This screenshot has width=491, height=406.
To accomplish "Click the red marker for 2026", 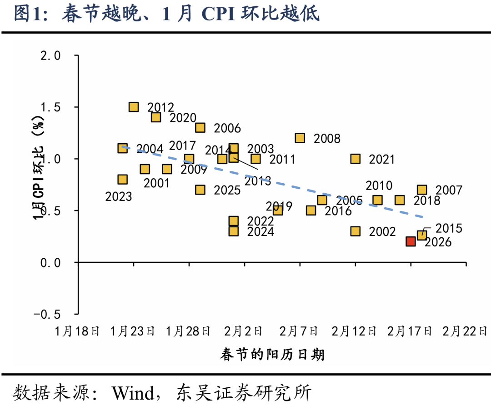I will pyautogui.click(x=411, y=241).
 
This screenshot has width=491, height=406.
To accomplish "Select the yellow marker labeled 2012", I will pyautogui.click(x=134, y=107).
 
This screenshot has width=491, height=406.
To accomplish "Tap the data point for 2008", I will pyautogui.click(x=300, y=138).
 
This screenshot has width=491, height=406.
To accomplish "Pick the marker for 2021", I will pyautogui.click(x=356, y=159).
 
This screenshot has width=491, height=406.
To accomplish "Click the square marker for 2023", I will pyautogui.click(x=122, y=179).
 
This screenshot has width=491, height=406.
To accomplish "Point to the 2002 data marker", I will pyautogui.click(x=356, y=231).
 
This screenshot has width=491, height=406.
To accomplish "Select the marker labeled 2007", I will pyautogui.click(x=422, y=190).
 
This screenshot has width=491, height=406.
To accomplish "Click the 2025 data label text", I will pyautogui.click(x=227, y=190).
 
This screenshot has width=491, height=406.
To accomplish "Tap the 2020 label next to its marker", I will pyautogui.click(x=183, y=118).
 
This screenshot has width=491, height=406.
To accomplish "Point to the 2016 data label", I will pyautogui.click(x=339, y=211).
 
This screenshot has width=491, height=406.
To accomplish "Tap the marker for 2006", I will pyautogui.click(x=200, y=128).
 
